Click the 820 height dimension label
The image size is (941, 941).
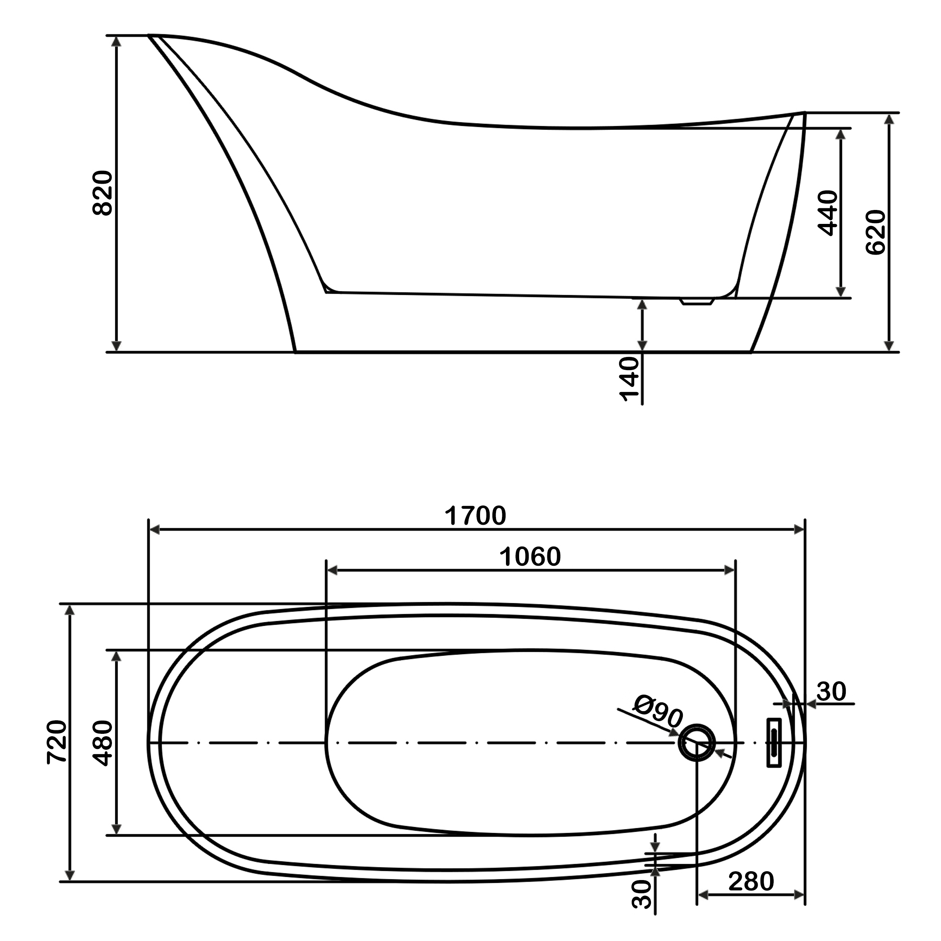102,193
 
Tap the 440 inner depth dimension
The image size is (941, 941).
827,213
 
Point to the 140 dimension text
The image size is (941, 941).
629,379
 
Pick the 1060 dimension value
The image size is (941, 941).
530,557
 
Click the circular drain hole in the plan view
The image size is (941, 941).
696,743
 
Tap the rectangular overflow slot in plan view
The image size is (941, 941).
774,742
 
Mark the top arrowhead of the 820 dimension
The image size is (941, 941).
116,41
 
